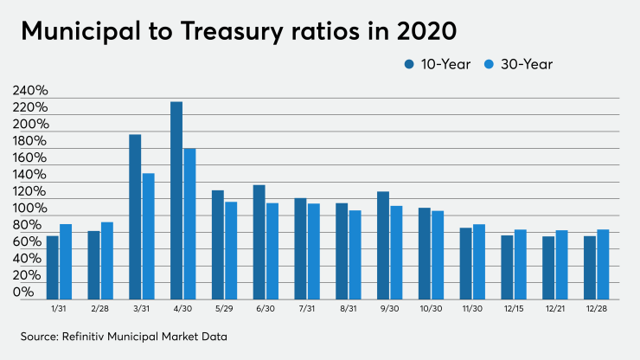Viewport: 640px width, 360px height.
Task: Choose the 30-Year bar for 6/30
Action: [272, 250]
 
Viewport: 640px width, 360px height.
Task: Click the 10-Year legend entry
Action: [432, 64]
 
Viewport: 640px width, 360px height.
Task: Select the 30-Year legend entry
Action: [521, 64]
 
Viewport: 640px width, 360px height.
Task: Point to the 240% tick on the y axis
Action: [29, 91]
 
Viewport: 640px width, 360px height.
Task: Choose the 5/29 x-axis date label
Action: [225, 307]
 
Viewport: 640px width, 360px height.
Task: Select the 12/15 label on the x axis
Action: [514, 307]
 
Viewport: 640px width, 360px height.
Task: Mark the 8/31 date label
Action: [349, 307]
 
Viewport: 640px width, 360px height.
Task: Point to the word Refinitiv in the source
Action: [93, 334]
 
